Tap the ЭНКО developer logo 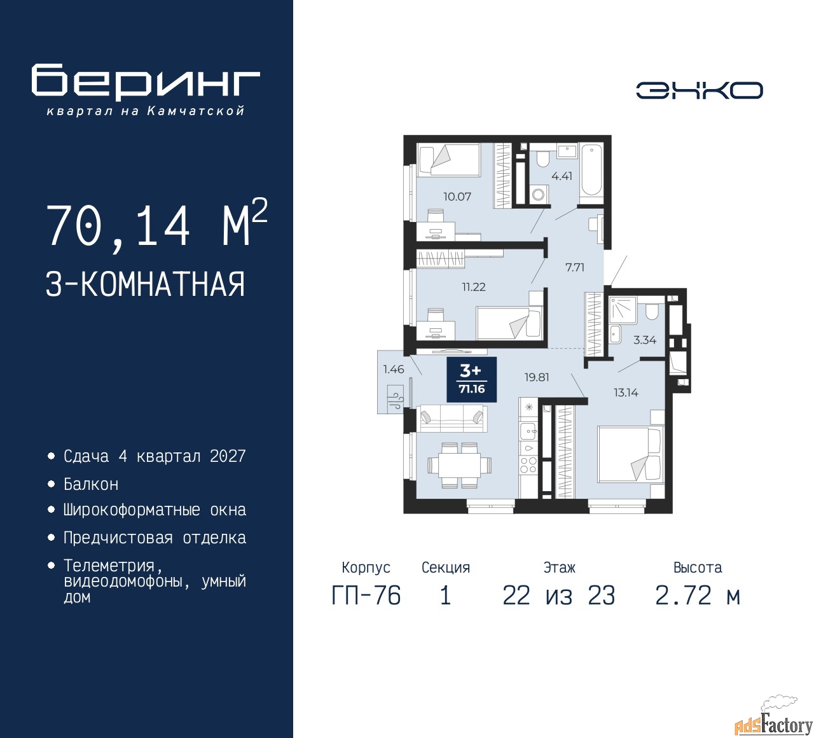[700, 90]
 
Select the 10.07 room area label [457, 197]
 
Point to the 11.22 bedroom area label [474, 287]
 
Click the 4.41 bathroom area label [562, 176]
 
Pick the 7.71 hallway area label [575, 267]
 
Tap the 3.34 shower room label [645, 340]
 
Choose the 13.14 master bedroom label [626, 393]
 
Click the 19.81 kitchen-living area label [537, 377]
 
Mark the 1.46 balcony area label [394, 370]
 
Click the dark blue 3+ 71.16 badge [471, 380]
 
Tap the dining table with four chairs [459, 465]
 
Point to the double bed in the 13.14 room [630, 454]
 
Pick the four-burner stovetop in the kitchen [528, 465]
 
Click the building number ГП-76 [366, 595]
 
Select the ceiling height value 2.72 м [698, 595]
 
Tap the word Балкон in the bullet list [91, 484]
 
